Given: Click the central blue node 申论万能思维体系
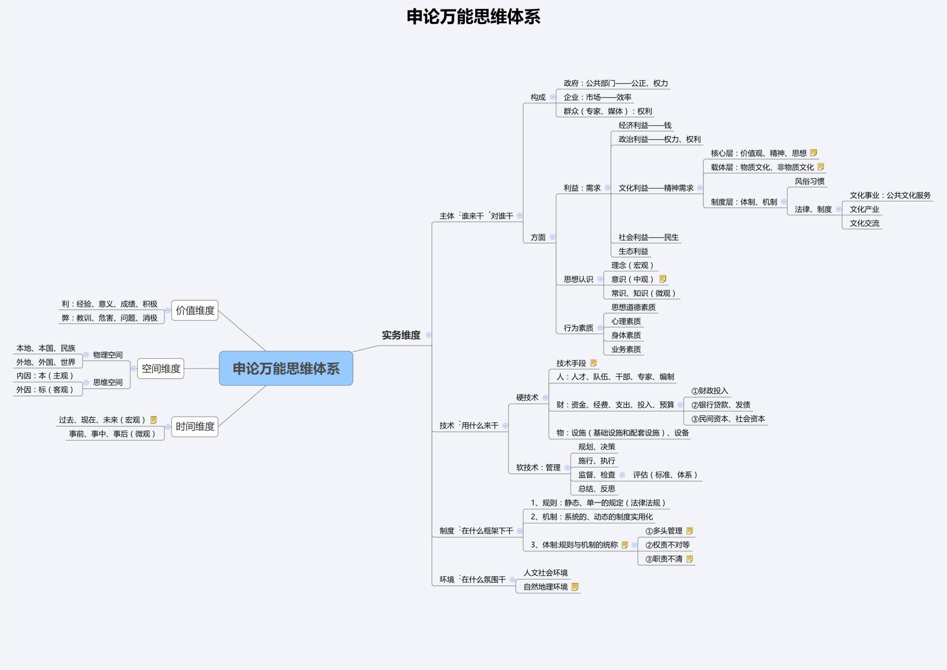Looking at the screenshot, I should click(x=286, y=368).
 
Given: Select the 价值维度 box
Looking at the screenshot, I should click(x=195, y=310).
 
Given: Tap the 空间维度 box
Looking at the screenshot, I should click(x=161, y=368).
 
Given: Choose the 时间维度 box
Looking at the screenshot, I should click(x=195, y=427).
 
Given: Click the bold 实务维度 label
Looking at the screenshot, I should click(x=401, y=335).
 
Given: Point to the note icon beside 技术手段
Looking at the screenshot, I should click(x=594, y=363).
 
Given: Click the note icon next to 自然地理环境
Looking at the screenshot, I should click(x=575, y=587).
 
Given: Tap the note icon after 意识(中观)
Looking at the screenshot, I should click(x=663, y=279).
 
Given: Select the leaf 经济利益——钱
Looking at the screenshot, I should click(x=645, y=126).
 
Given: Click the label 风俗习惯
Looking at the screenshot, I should click(x=809, y=182).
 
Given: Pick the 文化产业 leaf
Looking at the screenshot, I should click(x=864, y=209).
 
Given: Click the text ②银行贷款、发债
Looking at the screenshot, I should click(x=721, y=405).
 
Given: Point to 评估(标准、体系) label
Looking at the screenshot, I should click(x=665, y=475).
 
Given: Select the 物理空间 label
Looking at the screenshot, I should click(x=108, y=355).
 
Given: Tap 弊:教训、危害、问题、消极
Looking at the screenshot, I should click(x=109, y=318).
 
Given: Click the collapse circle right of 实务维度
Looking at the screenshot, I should click(x=428, y=335).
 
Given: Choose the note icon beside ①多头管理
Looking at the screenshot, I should click(x=690, y=531).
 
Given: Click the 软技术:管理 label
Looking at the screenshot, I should click(x=538, y=467).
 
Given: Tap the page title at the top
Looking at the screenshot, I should click(x=473, y=17).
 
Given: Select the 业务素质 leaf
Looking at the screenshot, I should click(x=626, y=349).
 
